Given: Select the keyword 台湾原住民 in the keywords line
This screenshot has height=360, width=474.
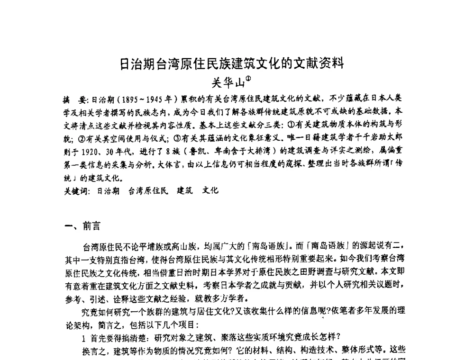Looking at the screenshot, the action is (148, 191).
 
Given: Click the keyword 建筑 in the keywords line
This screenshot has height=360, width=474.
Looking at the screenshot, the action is (185, 191).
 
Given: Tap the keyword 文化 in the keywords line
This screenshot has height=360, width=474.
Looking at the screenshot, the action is (210, 191).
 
